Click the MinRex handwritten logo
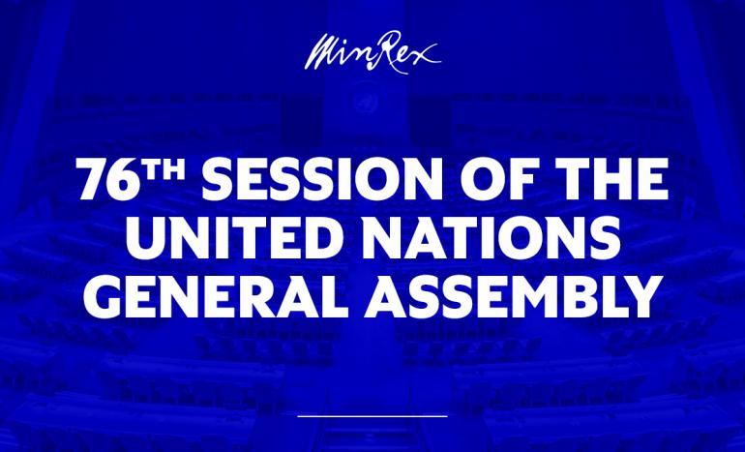click(372, 48)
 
